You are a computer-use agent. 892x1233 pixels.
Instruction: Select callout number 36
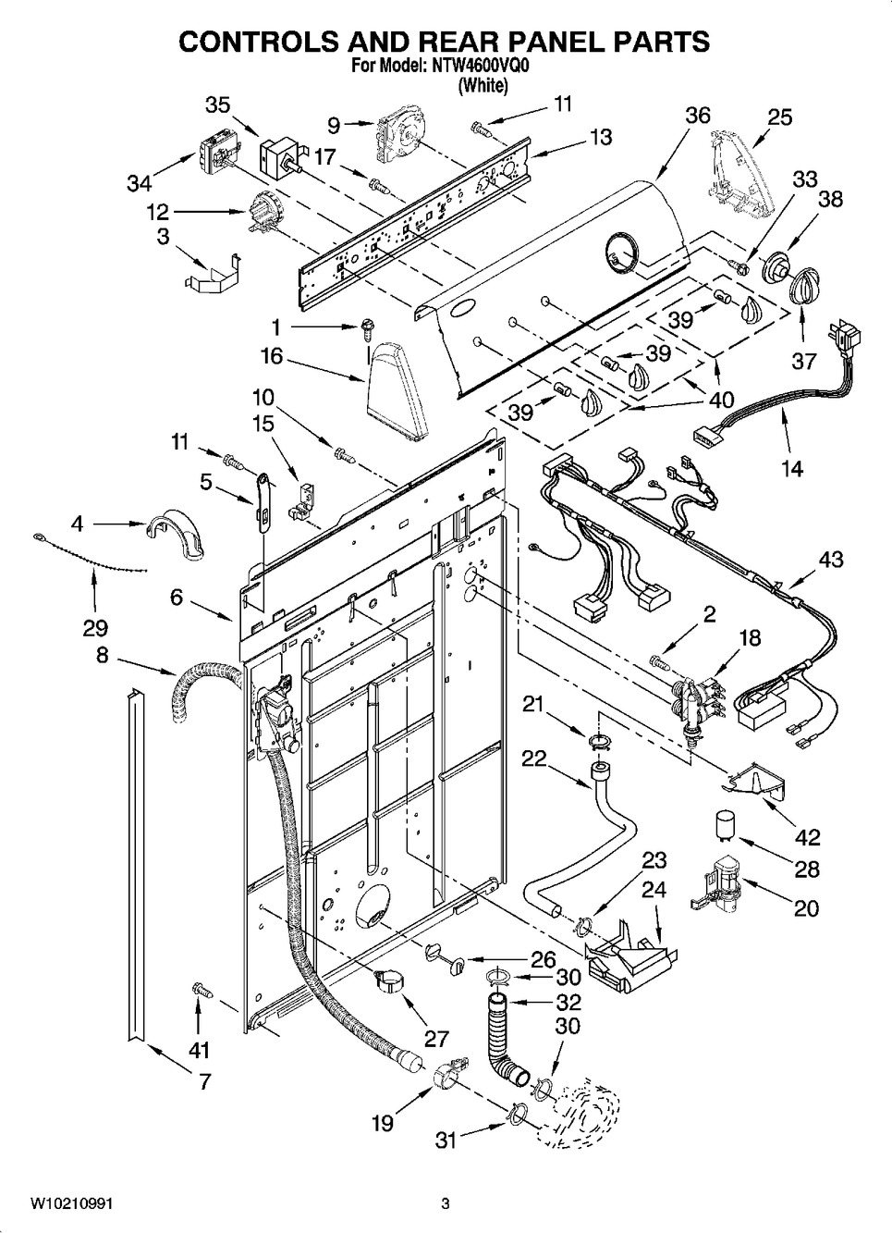[x=698, y=116]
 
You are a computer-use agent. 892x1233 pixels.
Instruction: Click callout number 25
[x=780, y=117]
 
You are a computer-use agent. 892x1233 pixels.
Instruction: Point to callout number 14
[x=791, y=468]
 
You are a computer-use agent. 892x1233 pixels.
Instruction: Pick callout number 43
[x=830, y=560]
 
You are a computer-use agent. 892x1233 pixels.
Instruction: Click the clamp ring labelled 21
[x=598, y=737]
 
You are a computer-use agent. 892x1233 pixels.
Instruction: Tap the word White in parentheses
[x=483, y=86]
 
